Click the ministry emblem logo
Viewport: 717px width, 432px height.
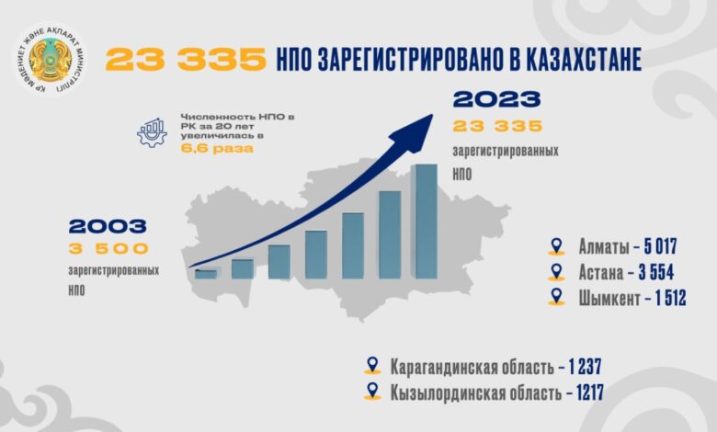click(x=50, y=60)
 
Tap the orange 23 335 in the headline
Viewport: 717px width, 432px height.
click(x=186, y=59)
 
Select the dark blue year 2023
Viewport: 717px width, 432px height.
click(x=497, y=98)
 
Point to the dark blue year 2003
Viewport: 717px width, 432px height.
click(x=108, y=226)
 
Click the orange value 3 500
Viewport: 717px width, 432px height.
click(x=108, y=249)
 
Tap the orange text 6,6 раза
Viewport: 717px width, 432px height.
click(x=217, y=149)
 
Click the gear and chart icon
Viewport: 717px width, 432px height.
click(x=152, y=132)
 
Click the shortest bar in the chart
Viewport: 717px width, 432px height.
click(x=206, y=274)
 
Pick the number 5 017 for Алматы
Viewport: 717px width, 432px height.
click(x=660, y=246)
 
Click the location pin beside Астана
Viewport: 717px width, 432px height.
click(x=556, y=271)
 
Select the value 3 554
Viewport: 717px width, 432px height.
click(x=656, y=272)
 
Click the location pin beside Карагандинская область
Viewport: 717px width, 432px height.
click(x=372, y=366)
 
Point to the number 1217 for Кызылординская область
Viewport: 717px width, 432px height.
click(x=589, y=392)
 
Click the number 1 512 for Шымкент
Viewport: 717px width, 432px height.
click(x=670, y=299)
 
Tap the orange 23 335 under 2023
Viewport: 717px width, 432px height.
click(x=497, y=126)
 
